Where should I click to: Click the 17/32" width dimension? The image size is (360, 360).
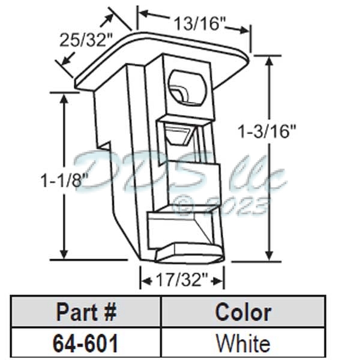(x=182, y=280)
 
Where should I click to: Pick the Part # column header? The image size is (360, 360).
(x=86, y=312)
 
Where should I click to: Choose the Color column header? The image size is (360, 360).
(x=242, y=312)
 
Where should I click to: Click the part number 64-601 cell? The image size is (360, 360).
(x=86, y=343)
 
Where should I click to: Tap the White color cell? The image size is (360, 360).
(x=242, y=343)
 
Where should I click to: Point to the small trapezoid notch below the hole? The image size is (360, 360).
(x=179, y=136)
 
